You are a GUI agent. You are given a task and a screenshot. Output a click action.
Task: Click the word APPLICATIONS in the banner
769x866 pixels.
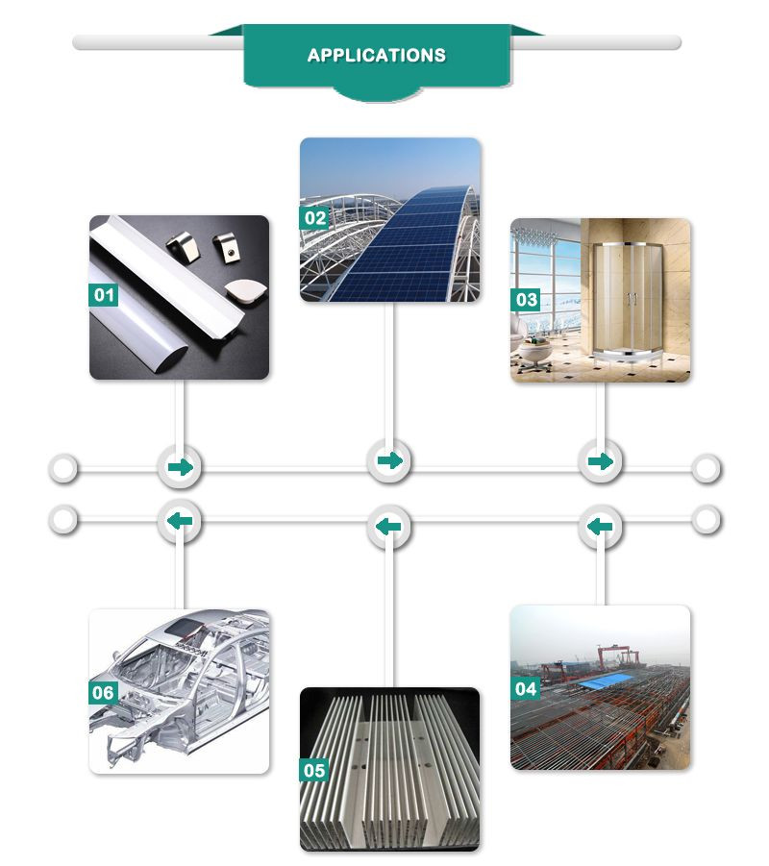pyautogui.click(x=376, y=55)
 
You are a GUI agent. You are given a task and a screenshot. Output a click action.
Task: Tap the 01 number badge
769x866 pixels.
pyautogui.click(x=103, y=295)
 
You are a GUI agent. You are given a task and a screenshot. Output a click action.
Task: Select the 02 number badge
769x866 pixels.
pyautogui.click(x=314, y=218)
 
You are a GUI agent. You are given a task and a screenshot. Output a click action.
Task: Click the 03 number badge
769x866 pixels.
pyautogui.click(x=526, y=300)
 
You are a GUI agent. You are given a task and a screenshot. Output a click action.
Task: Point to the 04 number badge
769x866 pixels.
pyautogui.click(x=526, y=689)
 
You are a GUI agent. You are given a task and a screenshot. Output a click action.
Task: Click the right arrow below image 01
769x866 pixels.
pyautogui.click(x=180, y=468)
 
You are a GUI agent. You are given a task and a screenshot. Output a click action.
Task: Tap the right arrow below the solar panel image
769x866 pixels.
pyautogui.click(x=390, y=460)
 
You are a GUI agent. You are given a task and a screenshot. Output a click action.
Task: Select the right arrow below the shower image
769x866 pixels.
pyautogui.click(x=601, y=461)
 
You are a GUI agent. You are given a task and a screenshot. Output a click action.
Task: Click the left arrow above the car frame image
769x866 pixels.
pyautogui.click(x=180, y=520)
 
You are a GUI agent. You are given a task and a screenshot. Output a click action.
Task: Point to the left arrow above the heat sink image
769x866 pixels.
pyautogui.click(x=388, y=527)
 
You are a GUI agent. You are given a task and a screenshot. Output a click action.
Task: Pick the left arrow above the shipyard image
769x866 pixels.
pyautogui.click(x=600, y=527)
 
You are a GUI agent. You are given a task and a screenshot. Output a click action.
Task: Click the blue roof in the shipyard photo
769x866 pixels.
pyautogui.click(x=607, y=681)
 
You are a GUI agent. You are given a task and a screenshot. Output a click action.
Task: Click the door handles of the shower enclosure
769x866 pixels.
pyautogui.click(x=632, y=299)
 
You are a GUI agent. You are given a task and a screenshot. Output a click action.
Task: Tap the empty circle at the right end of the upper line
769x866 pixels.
pyautogui.click(x=707, y=468)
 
